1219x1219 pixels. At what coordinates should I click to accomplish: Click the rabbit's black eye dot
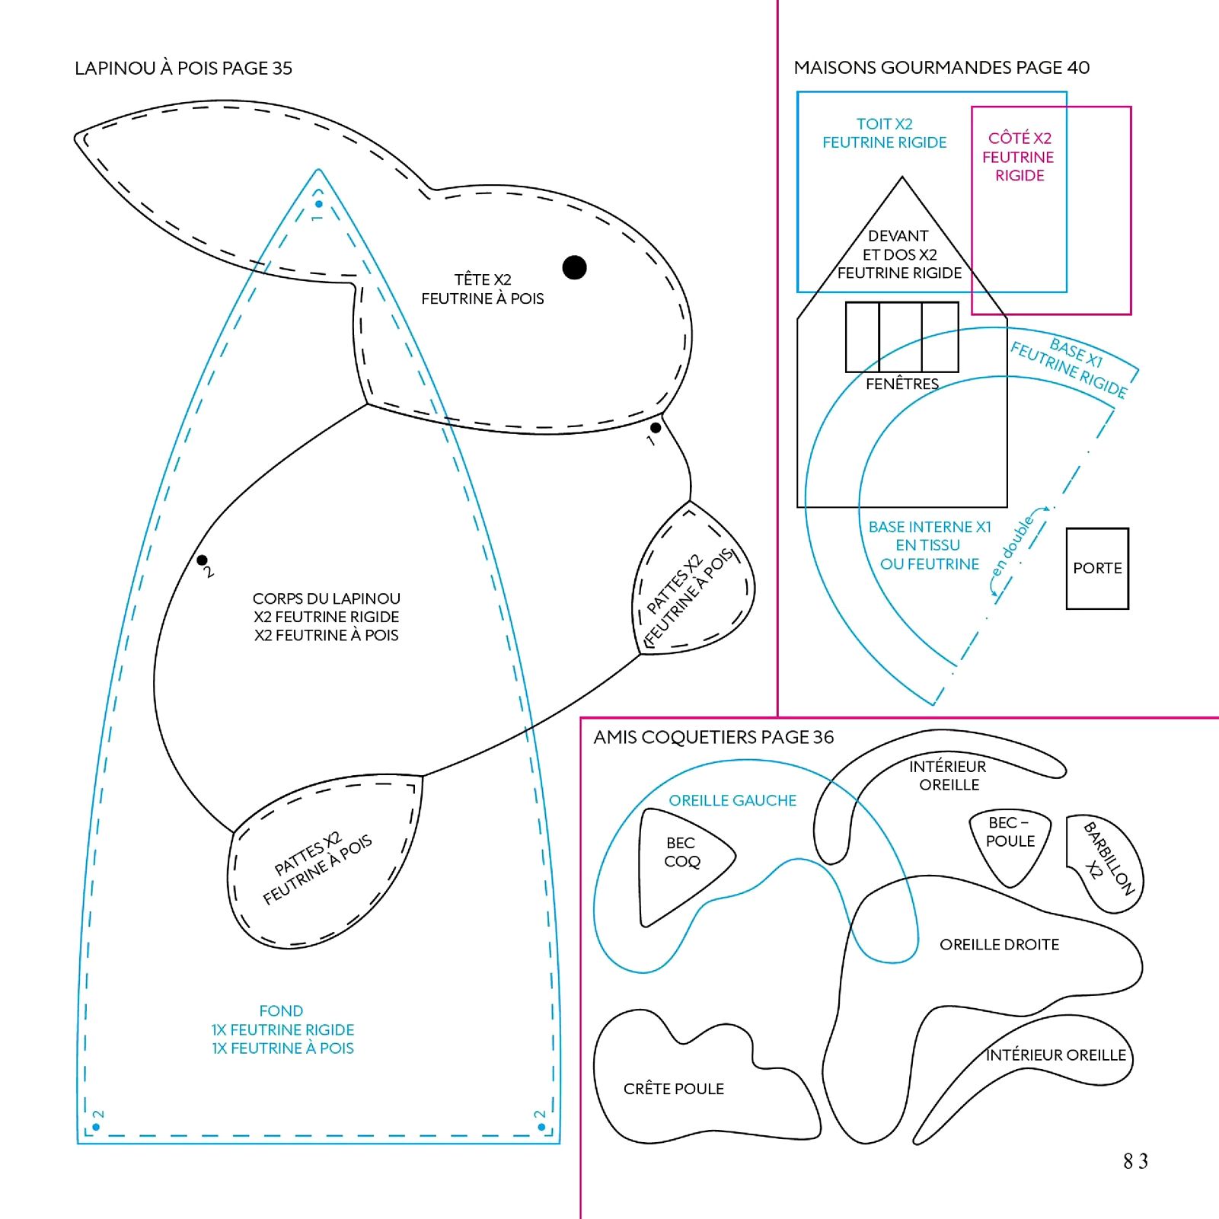(x=574, y=267)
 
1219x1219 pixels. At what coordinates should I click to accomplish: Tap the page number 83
(x=1134, y=1160)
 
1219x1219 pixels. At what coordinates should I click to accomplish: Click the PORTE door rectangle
(x=1097, y=568)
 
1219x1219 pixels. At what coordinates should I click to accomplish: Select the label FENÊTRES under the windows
(x=901, y=384)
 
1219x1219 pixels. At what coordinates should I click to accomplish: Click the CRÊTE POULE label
(x=673, y=1089)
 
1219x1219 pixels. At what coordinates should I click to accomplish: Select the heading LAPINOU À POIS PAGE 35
(x=183, y=69)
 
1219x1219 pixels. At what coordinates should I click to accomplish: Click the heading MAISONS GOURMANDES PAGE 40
(x=941, y=68)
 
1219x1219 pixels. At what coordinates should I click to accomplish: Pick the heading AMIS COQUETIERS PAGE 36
(x=713, y=737)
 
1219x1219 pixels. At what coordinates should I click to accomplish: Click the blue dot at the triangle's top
(x=318, y=204)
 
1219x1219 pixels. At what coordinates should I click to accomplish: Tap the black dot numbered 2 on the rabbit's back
(x=202, y=560)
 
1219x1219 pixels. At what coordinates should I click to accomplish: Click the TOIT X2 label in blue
(x=884, y=124)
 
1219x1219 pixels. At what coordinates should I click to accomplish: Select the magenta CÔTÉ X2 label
(x=1020, y=139)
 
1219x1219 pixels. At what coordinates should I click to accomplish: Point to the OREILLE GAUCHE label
(x=732, y=800)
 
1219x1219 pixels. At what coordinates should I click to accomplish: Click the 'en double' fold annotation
(x=1013, y=547)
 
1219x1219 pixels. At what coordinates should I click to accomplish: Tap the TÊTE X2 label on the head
(x=483, y=280)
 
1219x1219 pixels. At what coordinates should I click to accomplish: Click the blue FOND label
(x=281, y=1011)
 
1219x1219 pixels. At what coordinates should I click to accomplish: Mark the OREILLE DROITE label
(x=999, y=944)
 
